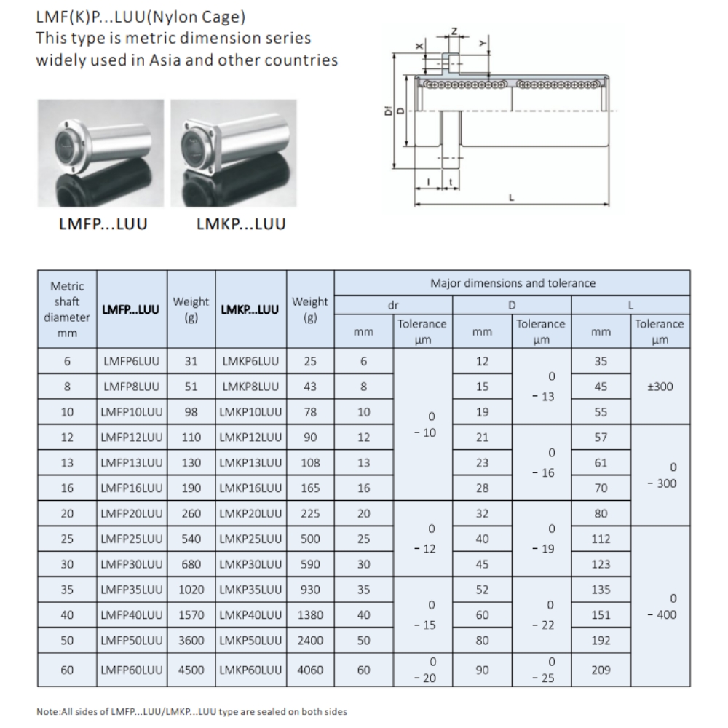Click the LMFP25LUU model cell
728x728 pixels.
coord(132,539)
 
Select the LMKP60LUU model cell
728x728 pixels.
coord(250,670)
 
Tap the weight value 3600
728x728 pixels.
coord(191,641)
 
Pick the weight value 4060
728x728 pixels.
coord(310,670)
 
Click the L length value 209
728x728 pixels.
coord(601,670)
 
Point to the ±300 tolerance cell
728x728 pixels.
coord(660,387)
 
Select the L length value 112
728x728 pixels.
coord(601,539)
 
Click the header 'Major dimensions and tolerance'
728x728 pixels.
coord(512,283)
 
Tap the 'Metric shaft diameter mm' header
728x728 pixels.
coord(67,309)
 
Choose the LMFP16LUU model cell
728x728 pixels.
coord(132,488)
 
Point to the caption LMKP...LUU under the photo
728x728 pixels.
coord(241,224)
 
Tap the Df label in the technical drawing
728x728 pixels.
coord(389,111)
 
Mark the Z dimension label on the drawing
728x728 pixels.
coord(454,31)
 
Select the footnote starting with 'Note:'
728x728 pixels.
coord(191,711)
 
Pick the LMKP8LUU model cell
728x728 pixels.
coord(250,387)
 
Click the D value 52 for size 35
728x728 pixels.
coord(482,590)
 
